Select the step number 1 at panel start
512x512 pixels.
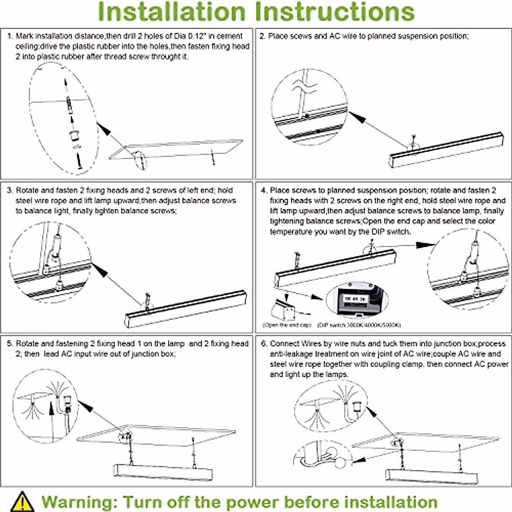[10, 36]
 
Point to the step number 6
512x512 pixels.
[264, 344]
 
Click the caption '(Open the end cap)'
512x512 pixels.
[287, 325]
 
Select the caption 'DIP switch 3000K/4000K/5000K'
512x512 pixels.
[359, 325]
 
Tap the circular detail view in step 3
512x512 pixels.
[50, 267]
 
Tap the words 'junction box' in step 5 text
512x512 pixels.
[152, 354]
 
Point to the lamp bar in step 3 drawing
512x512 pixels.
[186, 309]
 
